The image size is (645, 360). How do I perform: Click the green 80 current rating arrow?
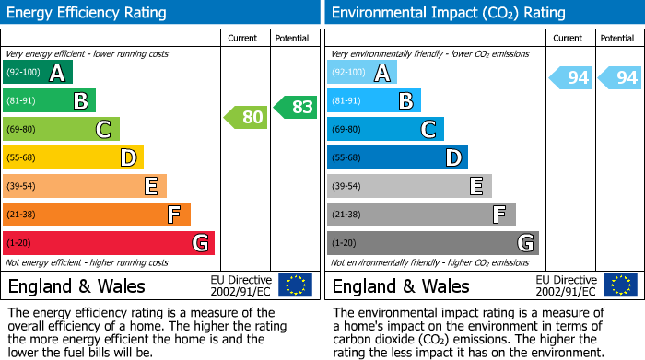coord(245,117)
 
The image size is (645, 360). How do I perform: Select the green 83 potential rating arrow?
coord(295,107)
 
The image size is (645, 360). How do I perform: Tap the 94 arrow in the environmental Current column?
coord(570,78)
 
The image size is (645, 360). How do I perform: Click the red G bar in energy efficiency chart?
coord(109,243)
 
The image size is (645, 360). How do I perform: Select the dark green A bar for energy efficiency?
coord(38,73)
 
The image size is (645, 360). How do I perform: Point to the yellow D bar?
coord(73,157)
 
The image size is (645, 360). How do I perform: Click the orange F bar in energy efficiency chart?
coord(97,215)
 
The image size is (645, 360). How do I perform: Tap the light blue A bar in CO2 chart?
coord(362,73)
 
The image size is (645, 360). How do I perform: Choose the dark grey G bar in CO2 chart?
coord(432,243)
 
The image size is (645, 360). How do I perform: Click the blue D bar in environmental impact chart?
coord(397,157)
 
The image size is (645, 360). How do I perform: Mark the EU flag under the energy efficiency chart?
coord(295,285)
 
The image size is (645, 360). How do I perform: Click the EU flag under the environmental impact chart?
coord(620,285)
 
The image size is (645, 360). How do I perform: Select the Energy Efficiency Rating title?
coord(88,13)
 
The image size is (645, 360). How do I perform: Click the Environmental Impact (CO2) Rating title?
coord(448,13)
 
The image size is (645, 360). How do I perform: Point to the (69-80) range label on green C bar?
coord(21,130)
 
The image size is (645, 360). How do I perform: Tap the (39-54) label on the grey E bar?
coord(346,187)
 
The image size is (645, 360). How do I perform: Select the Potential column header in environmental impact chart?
coord(617,38)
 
